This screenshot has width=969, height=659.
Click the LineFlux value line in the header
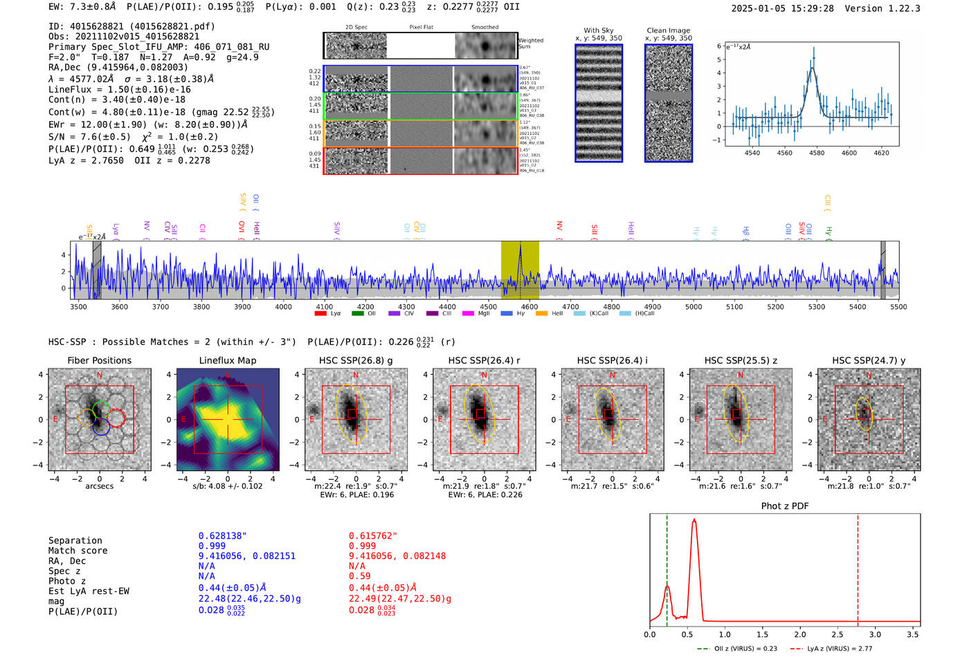119,89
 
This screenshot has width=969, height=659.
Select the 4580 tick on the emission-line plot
817,153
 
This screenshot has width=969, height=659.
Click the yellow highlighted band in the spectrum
520,270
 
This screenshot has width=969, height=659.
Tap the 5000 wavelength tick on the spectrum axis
694,306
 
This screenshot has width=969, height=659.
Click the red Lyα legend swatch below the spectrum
320,314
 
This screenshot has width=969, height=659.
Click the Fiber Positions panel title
99,360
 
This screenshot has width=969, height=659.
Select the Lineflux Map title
227,360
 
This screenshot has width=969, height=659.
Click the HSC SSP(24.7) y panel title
869,360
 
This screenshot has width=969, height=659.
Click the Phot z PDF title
784,506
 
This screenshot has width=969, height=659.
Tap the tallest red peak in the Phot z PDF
694,520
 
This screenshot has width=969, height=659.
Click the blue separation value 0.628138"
222,536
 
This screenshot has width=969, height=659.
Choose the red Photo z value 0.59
359,576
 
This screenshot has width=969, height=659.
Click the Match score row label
78,550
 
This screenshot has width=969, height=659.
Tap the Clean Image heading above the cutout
668,30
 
